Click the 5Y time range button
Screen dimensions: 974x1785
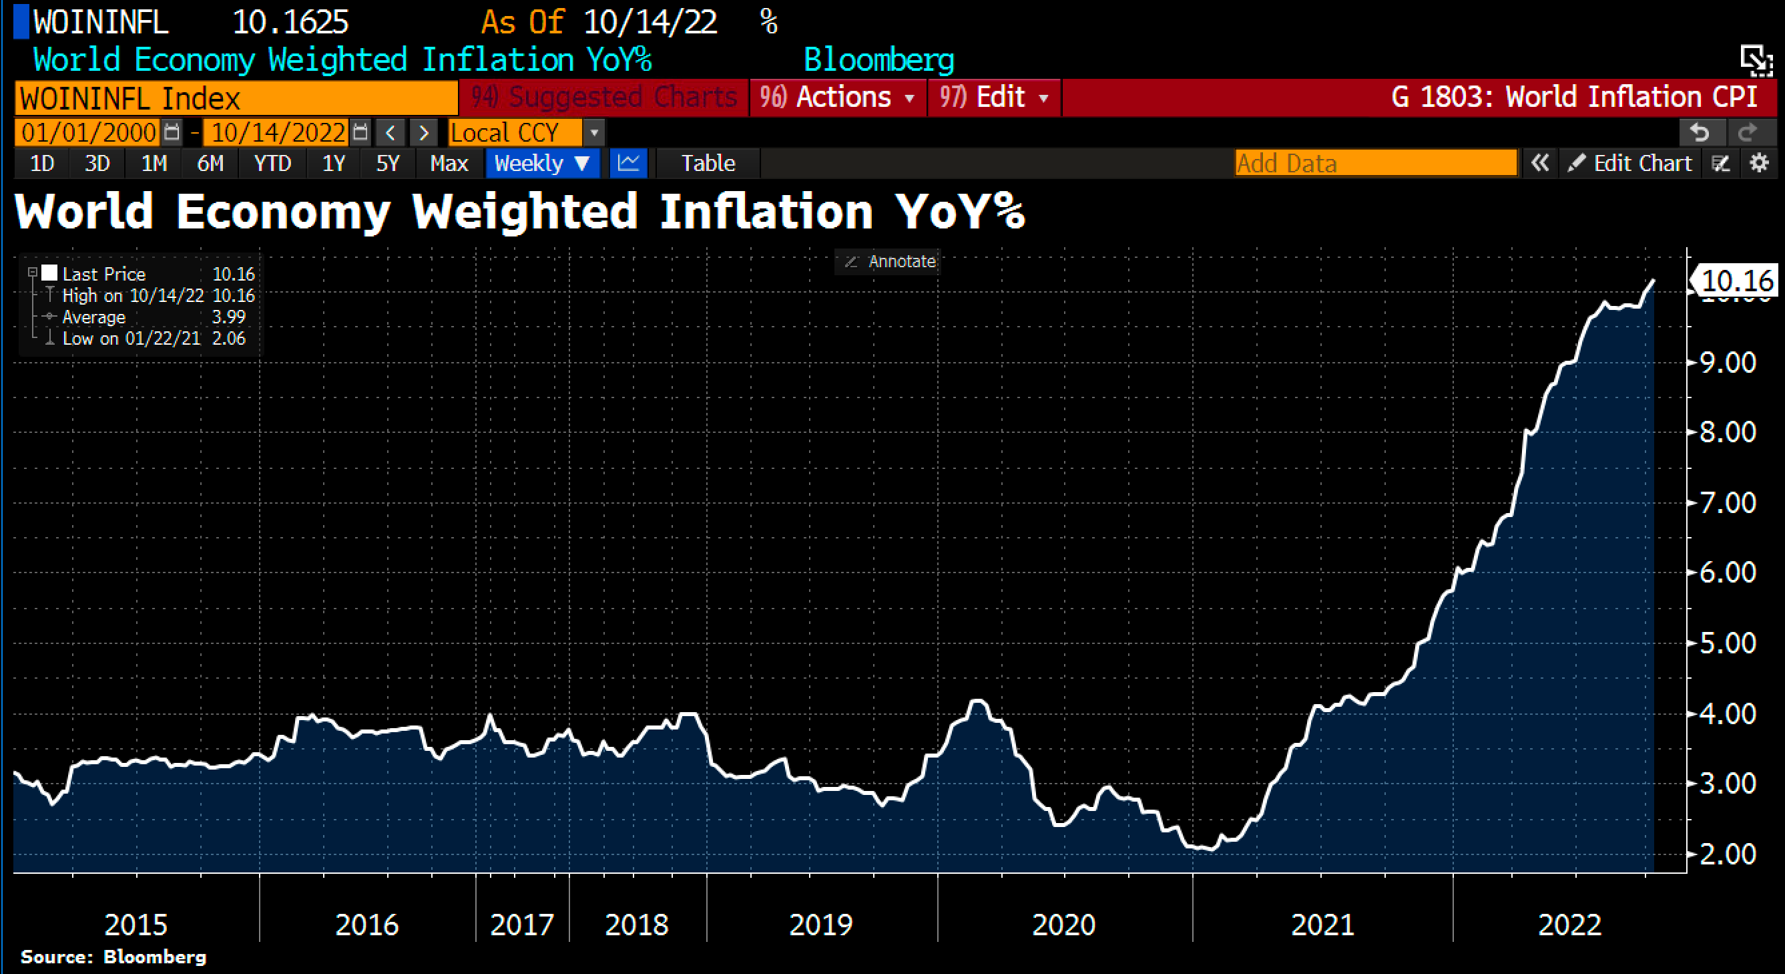click(x=387, y=164)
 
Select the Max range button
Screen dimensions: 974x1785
click(x=449, y=164)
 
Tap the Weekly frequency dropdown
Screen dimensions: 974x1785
click(x=542, y=164)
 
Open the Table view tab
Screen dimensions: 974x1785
click(x=708, y=164)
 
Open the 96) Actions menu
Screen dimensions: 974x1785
click(x=837, y=97)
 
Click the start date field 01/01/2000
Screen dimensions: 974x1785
click(x=89, y=132)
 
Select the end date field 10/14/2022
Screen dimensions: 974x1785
click(x=278, y=132)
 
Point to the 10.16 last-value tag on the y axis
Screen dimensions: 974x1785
click(x=1736, y=281)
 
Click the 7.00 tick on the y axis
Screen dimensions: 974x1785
click(x=1728, y=502)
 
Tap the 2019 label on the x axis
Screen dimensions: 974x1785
click(x=820, y=924)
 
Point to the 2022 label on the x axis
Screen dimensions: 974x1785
click(x=1569, y=924)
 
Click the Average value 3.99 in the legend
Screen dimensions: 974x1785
click(x=229, y=317)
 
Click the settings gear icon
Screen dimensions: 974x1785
click(x=1759, y=164)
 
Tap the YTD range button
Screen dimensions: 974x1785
click(x=272, y=164)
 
